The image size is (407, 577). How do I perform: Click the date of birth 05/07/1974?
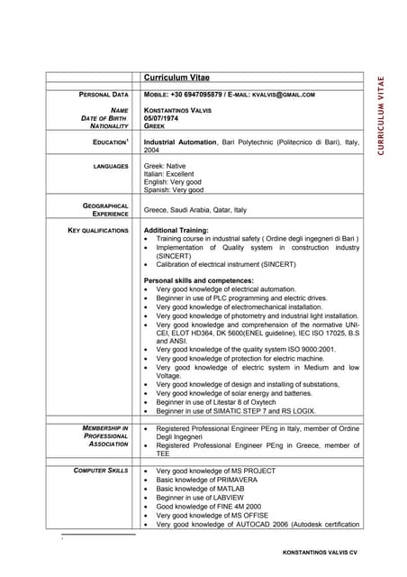click(163, 118)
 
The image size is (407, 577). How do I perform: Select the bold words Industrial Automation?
click(180, 142)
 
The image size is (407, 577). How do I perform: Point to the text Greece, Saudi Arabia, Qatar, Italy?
click(194, 210)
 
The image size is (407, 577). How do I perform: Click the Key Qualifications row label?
click(99, 231)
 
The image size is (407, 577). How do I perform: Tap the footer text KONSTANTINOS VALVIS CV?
click(320, 550)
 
